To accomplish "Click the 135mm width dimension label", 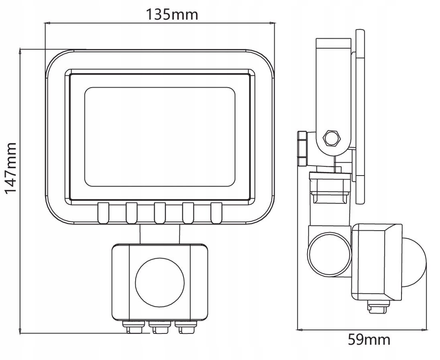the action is pos(172,14).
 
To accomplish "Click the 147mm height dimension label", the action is pos(11,168).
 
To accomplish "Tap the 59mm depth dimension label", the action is pos(369,340).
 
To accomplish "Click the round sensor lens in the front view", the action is pos(160,282).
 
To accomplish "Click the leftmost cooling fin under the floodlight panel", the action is pos(103,213).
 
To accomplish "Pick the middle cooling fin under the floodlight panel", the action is pos(160,213).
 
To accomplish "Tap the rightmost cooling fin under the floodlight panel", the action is pos(216,213).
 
